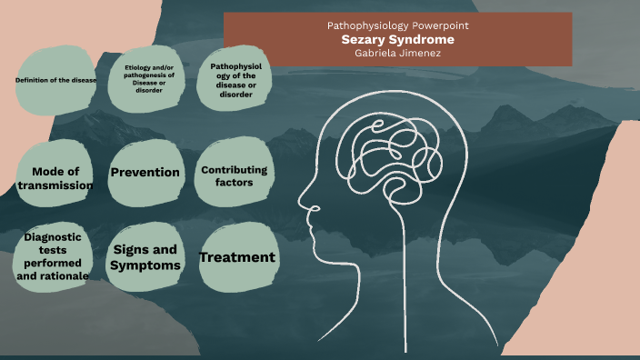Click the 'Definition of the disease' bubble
tap(55, 81)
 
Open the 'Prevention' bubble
tap(145, 172)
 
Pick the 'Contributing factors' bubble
tap(234, 175)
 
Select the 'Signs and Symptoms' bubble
tap(145, 256)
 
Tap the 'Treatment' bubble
tap(236, 257)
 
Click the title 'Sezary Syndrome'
tap(397, 40)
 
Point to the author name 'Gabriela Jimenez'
tap(397, 53)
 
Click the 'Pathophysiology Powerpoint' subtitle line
tap(397, 26)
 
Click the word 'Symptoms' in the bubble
tap(145, 265)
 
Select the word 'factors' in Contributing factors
tap(234, 182)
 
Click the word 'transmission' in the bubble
tap(55, 185)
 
